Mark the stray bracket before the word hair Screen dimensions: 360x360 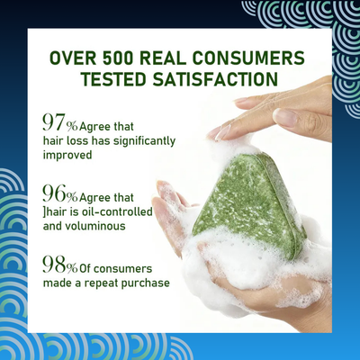tap(43, 212)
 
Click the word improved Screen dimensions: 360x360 tap(67, 156)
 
